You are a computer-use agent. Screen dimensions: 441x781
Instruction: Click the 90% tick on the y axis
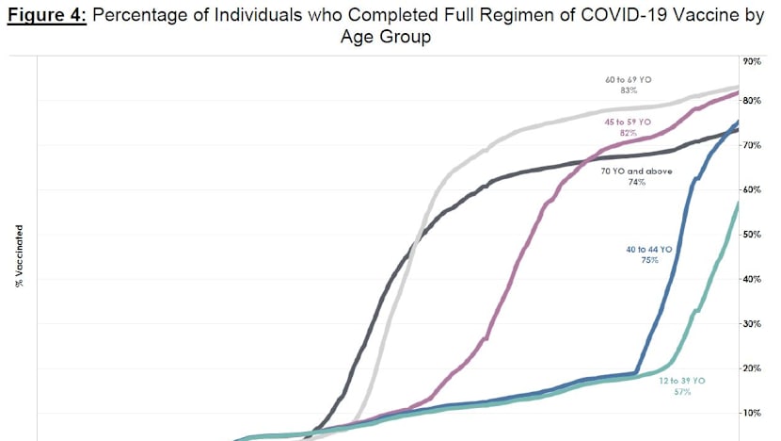tap(752, 61)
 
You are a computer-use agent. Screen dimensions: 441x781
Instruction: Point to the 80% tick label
tap(752, 100)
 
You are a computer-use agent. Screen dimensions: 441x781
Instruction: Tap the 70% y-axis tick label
tap(752, 145)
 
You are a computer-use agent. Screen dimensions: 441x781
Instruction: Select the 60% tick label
tap(752, 189)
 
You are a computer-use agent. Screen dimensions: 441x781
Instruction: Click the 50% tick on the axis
tap(752, 234)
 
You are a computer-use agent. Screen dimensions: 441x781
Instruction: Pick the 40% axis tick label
tap(752, 279)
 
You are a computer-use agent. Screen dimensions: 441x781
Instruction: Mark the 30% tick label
tap(752, 323)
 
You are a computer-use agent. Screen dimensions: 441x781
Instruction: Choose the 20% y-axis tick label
tap(752, 368)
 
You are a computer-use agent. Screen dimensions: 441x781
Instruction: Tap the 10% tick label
tap(752, 413)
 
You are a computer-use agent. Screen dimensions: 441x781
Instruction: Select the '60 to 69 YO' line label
tap(628, 80)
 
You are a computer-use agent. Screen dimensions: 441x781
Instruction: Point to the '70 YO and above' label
tap(637, 171)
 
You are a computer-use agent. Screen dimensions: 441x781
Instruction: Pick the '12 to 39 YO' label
tap(681, 380)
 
